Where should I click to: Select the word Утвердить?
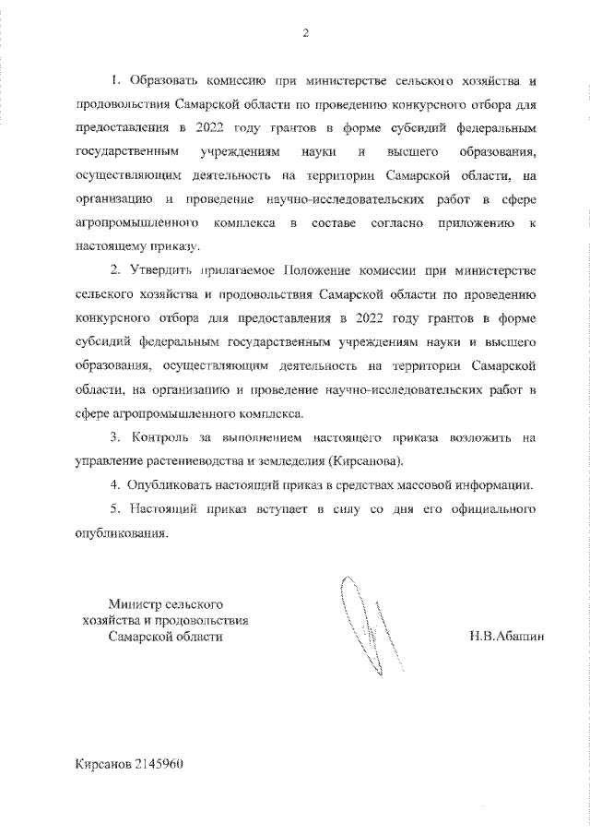coord(162,273)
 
